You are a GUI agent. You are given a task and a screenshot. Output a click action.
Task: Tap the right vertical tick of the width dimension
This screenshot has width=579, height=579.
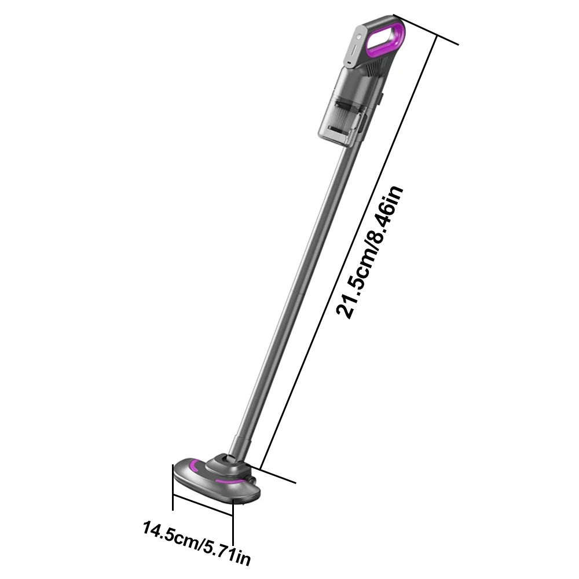point(233,524)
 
